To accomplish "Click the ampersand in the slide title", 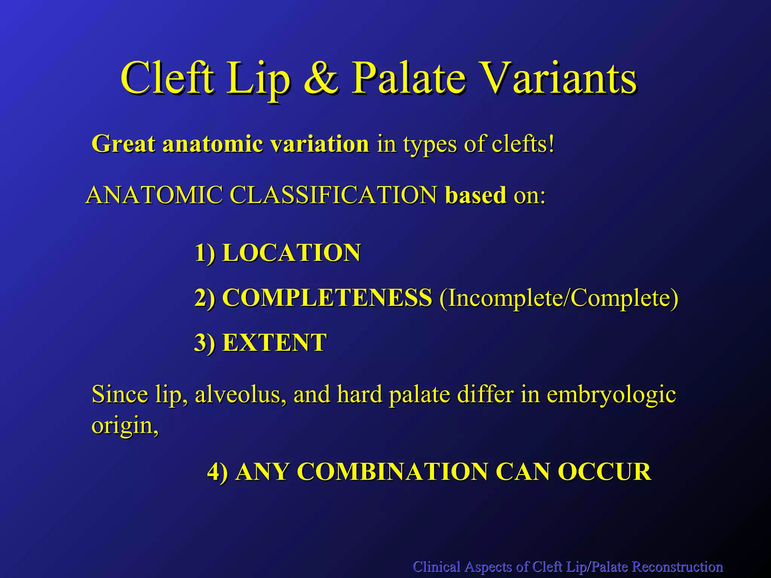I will point(321,78).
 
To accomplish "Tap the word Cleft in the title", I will point(168,78).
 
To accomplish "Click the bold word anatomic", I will point(213,144).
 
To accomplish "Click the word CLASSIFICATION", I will point(333,195).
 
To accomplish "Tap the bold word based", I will point(475,195).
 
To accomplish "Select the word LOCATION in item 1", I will point(291,252).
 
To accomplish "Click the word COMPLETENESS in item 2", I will point(327,298).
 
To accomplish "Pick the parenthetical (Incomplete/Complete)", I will point(559,298).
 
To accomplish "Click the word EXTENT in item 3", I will point(274,343).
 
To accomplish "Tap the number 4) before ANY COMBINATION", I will point(218,472).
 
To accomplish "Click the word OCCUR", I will point(604,472).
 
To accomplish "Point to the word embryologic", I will point(611,395).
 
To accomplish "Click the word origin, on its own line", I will point(125,426).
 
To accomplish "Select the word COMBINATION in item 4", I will point(394,472).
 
